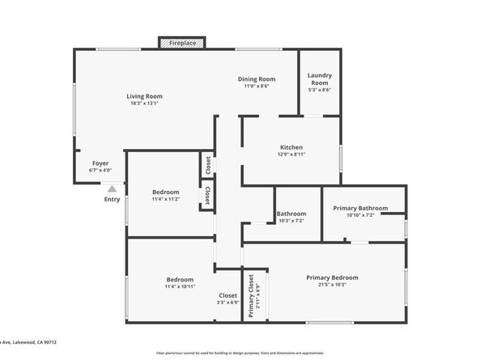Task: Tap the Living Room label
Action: (144, 96)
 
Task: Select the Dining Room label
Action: (257, 79)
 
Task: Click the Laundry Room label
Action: (319, 79)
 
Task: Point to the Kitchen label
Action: (291, 146)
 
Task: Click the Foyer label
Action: (100, 163)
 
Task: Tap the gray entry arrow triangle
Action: (112, 188)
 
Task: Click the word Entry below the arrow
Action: (112, 199)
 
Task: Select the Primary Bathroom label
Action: (360, 208)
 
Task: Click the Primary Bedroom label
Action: (332, 277)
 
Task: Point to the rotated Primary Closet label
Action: (251, 295)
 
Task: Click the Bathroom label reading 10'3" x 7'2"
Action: (292, 220)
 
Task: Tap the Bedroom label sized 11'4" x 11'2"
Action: (165, 192)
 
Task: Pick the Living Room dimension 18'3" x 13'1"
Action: (144, 104)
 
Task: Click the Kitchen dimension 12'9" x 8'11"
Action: (291, 154)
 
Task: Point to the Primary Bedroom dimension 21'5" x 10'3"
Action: (332, 285)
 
